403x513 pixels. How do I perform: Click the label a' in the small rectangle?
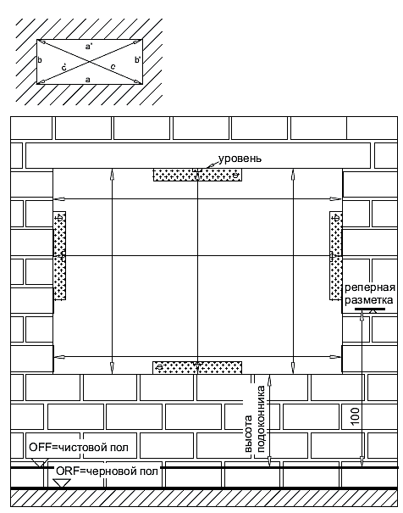(x=89, y=47)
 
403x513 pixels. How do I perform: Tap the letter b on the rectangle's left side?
(x=40, y=60)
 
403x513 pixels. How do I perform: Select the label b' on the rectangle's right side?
(x=137, y=60)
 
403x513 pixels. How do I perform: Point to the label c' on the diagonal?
(x=64, y=67)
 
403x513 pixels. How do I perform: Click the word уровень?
(x=240, y=159)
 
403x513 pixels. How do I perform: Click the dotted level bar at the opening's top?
(x=197, y=175)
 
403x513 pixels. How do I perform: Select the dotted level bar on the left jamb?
(x=59, y=255)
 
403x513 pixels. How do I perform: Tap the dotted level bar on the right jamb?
(x=336, y=255)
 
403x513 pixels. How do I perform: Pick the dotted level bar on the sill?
(x=197, y=367)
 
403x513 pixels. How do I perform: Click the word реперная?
(x=370, y=288)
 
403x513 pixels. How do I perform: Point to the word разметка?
(x=368, y=300)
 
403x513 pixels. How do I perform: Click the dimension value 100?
(x=356, y=416)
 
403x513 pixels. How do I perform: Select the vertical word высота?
(x=249, y=434)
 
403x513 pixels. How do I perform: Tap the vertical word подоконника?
(x=262, y=419)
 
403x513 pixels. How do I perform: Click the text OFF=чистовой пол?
(x=79, y=447)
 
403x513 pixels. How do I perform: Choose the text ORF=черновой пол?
(x=108, y=471)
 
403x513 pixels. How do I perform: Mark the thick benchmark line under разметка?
(x=370, y=309)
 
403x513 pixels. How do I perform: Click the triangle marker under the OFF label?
(x=39, y=463)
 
